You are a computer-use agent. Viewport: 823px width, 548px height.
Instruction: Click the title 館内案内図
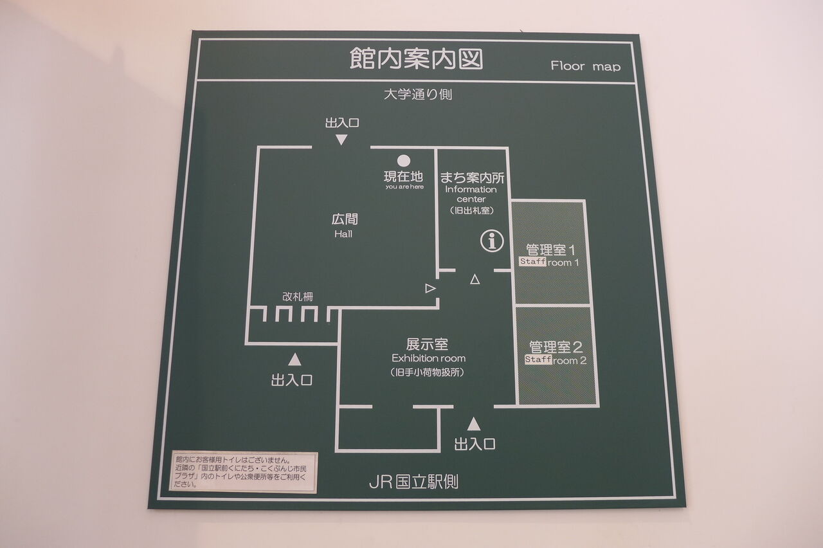416,60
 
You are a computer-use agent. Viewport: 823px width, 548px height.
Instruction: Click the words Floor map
585,66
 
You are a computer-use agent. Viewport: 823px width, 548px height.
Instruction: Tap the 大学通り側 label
417,95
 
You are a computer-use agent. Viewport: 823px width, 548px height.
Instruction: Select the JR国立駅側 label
413,481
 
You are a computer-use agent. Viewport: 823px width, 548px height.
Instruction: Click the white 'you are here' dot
403,161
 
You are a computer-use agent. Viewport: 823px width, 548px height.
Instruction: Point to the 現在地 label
404,176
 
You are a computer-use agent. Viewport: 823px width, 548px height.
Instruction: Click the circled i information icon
493,242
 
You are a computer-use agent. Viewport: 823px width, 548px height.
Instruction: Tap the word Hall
343,234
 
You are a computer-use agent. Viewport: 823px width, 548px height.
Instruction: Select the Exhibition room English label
428,358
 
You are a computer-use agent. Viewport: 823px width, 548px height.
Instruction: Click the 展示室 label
428,344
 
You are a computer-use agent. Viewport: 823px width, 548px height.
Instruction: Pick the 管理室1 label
549,249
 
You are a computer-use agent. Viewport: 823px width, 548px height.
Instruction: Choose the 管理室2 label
555,347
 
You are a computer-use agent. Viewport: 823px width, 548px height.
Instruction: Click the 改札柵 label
298,297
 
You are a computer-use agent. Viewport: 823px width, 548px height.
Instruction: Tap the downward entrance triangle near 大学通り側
341,140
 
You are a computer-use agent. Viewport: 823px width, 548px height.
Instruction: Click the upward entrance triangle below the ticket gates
294,360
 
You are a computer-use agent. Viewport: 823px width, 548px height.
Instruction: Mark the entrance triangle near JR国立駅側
474,425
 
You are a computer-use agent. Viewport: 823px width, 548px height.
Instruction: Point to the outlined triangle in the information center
475,279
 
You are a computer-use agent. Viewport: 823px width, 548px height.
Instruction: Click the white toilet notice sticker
244,471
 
